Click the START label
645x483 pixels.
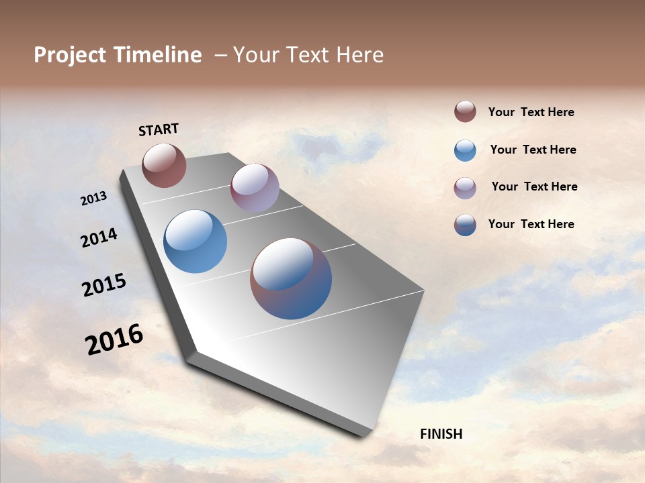tap(159, 129)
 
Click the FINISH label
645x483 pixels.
tap(441, 434)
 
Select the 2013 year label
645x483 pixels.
tap(93, 199)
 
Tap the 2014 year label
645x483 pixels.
tap(99, 237)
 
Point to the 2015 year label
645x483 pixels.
tap(103, 284)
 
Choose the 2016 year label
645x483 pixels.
tap(114, 339)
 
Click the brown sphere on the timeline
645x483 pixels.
tap(164, 165)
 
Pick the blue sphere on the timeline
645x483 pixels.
tap(195, 241)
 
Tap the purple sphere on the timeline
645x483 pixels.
tap(255, 188)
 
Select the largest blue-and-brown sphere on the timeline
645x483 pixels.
tap(291, 278)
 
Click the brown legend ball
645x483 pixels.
tap(465, 111)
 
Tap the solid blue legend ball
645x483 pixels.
tap(465, 150)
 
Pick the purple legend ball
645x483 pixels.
tap(465, 187)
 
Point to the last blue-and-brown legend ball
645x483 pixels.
tap(465, 225)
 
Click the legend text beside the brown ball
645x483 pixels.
tap(531, 112)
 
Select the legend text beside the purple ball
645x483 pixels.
tap(534, 186)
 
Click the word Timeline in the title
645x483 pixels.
tap(159, 55)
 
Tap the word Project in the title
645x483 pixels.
tap(70, 55)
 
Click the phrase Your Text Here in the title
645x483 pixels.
tap(308, 55)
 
